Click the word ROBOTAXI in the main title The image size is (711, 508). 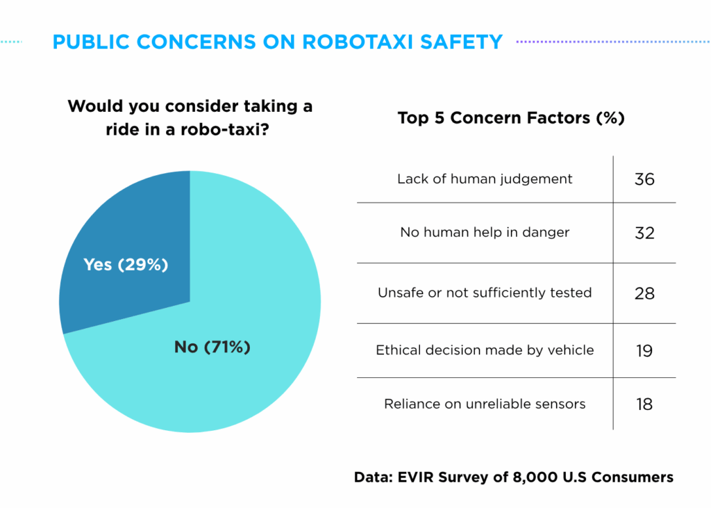358,42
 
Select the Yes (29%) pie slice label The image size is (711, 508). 126,264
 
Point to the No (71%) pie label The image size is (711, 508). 212,347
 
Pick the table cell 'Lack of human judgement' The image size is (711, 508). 485,179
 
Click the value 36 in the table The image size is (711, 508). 644,179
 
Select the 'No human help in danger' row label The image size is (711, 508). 485,232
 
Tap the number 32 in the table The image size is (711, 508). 644,233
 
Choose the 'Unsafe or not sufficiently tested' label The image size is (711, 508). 485,293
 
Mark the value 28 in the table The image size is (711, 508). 644,293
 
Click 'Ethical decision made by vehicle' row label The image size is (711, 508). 485,350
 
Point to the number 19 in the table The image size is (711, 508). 644,350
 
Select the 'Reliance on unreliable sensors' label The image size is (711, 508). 485,404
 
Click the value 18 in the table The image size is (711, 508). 644,404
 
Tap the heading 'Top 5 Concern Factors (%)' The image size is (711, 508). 511,118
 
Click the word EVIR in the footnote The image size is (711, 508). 415,477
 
